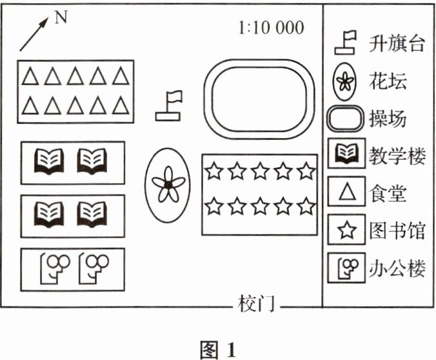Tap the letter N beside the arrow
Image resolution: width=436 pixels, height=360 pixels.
(61, 17)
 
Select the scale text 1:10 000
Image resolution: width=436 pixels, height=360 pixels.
(270, 28)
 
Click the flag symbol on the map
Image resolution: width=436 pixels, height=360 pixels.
(170, 106)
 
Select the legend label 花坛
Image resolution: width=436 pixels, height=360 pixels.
(388, 81)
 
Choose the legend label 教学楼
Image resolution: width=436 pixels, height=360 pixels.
(397, 155)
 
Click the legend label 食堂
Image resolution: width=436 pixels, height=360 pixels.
(388, 192)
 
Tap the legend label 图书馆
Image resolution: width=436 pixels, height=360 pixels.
(397, 230)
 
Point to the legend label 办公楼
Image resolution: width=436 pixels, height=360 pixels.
(397, 267)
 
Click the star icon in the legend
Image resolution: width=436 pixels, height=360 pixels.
(348, 230)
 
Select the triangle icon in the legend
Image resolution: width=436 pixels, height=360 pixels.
(348, 192)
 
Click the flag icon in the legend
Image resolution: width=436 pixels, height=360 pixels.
(346, 43)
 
